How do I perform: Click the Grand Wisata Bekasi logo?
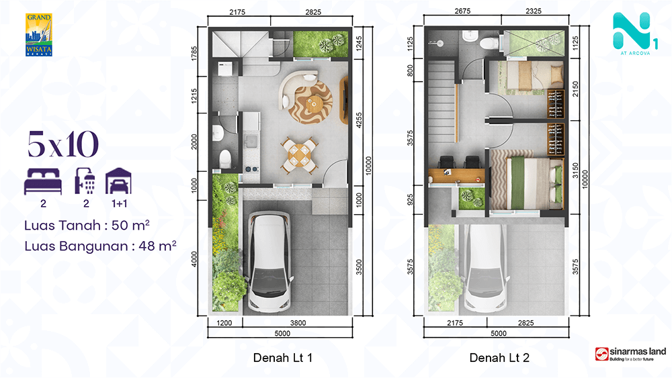coord(39,35)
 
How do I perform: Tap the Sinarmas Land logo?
coord(630,354)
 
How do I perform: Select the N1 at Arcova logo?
coord(635,34)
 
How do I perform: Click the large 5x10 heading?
coord(63,144)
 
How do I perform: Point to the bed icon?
coord(43,181)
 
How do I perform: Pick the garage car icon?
coord(118,181)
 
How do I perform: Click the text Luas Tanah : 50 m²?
coord(87,225)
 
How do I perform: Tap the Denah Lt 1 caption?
coord(282,357)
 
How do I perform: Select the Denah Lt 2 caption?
coord(499,357)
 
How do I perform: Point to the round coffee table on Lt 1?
coord(313,103)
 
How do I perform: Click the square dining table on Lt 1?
coord(300,155)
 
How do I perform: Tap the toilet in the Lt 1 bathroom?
coord(225,158)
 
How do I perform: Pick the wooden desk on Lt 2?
coord(456,175)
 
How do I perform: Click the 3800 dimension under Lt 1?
coord(298,323)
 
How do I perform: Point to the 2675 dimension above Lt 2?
coord(462,11)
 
